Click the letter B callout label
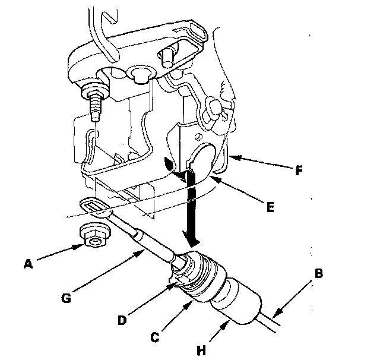click(319, 274)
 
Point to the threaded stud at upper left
click(94, 107)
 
